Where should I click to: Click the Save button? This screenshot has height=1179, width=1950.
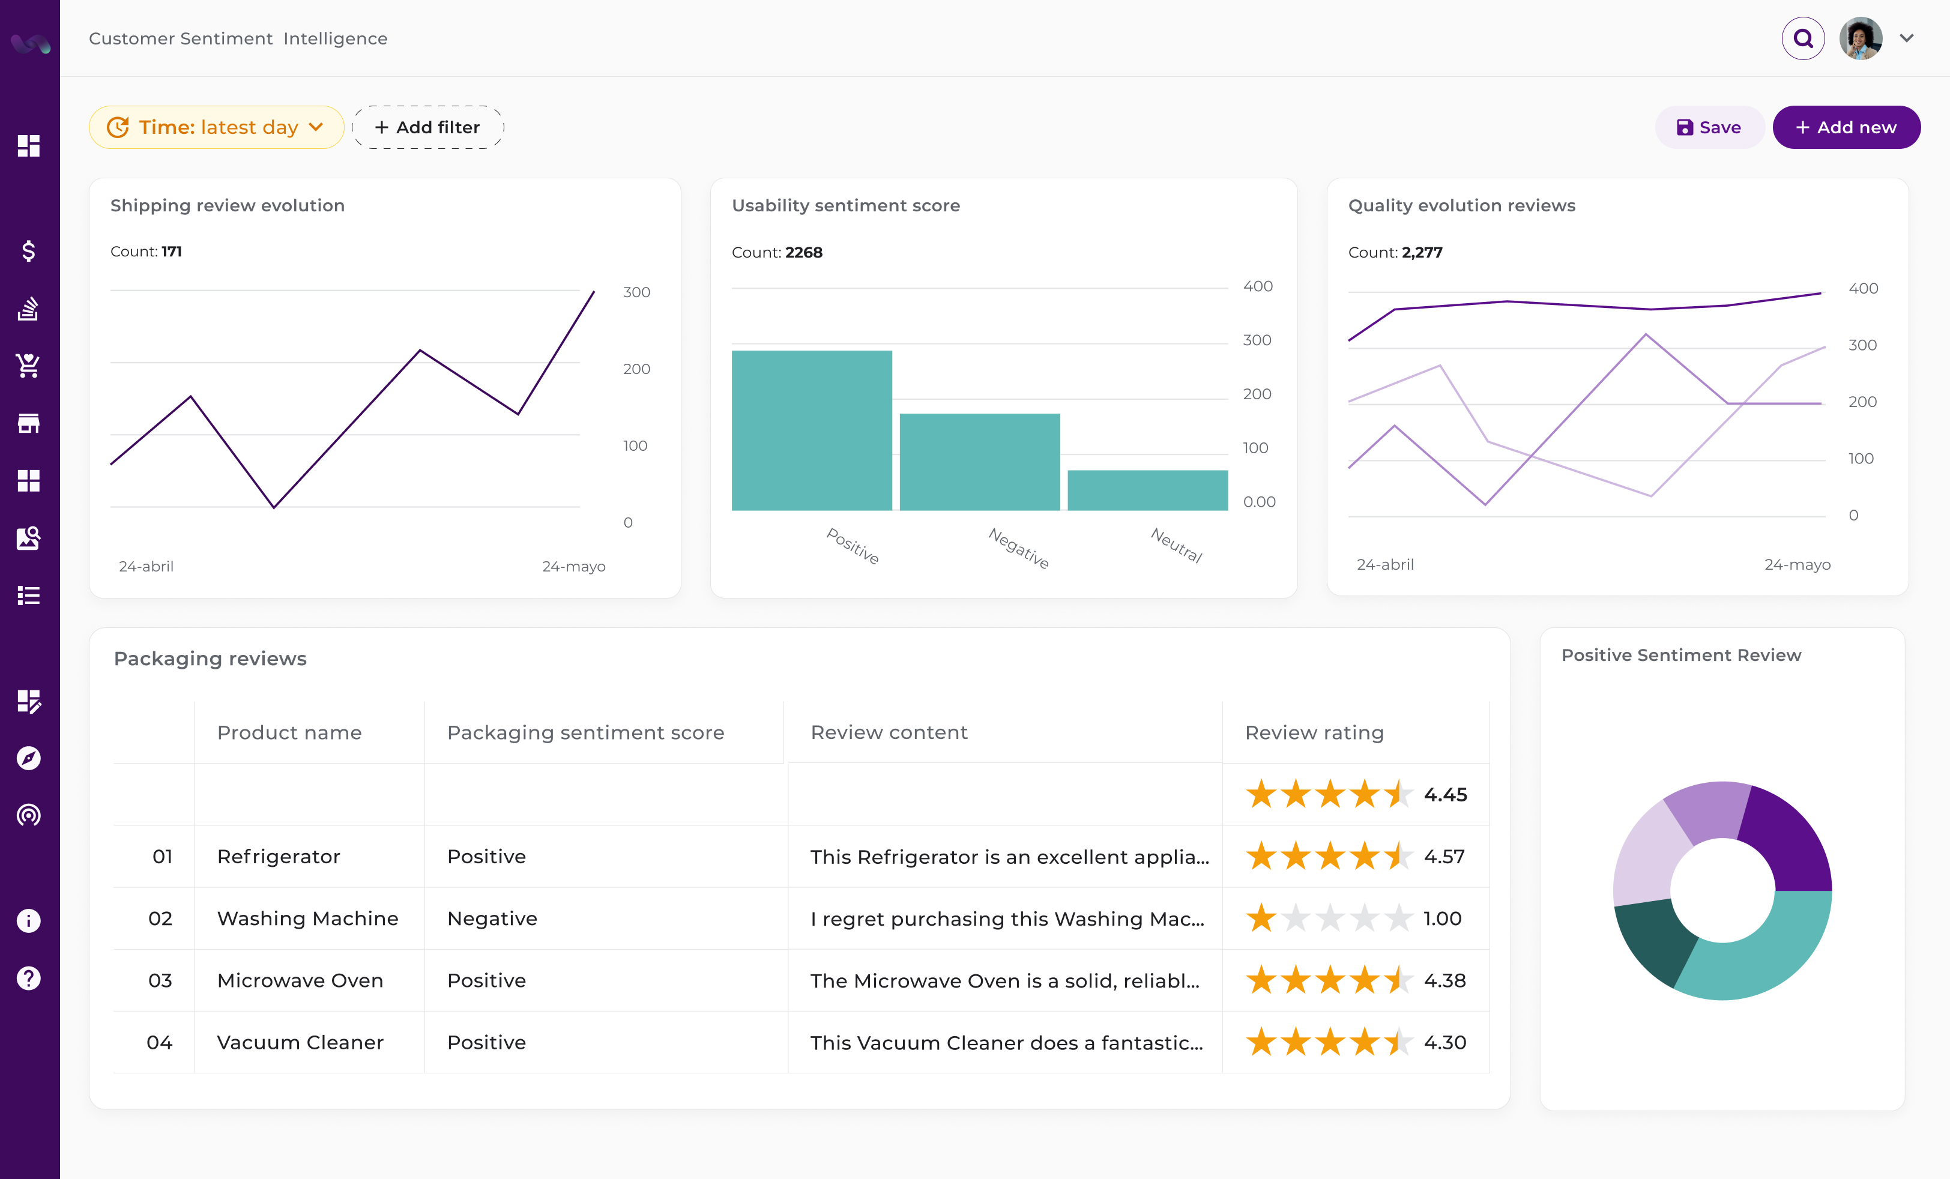pos(1709,127)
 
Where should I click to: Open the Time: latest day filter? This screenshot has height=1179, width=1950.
pos(216,127)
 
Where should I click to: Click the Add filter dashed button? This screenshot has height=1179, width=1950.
pos(427,127)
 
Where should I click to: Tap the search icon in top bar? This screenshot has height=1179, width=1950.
pos(1802,39)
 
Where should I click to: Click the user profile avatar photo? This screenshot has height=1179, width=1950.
pos(1860,39)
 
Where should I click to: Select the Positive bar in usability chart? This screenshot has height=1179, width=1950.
pos(811,430)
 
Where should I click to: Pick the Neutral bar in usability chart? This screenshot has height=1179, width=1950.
pos(1147,490)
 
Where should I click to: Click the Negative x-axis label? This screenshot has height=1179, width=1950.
pos(1018,547)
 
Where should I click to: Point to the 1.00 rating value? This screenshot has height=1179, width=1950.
pos(1442,918)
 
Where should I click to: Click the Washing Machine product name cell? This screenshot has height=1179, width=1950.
pos(308,918)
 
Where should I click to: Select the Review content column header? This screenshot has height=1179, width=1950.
pos(889,733)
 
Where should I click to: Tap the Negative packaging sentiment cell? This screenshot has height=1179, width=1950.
pos(492,918)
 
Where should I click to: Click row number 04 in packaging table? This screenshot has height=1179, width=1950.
pos(159,1043)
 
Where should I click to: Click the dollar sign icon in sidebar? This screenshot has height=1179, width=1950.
pos(28,251)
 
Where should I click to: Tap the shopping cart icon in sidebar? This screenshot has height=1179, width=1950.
pos(28,366)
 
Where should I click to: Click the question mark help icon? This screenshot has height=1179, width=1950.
pos(28,979)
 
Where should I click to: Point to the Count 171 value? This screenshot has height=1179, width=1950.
pos(171,252)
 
